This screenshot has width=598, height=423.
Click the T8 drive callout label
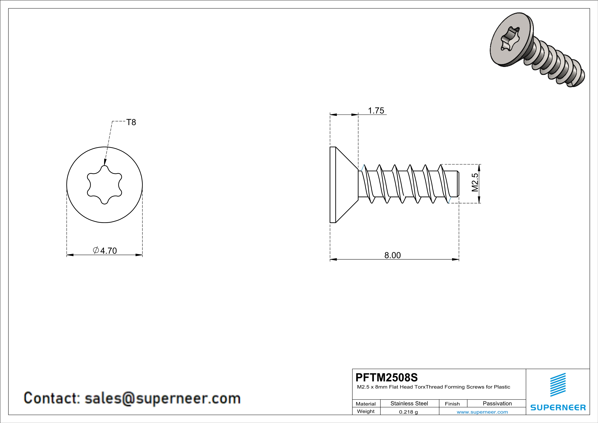pyautogui.click(x=131, y=122)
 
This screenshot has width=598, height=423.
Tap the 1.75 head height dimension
pyautogui.click(x=376, y=111)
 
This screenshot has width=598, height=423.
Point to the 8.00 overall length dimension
pyautogui.click(x=393, y=255)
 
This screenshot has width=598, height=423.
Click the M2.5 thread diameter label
pyautogui.click(x=475, y=182)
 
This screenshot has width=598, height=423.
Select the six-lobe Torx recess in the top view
pyautogui.click(x=105, y=185)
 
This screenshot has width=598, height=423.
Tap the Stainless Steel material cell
pyautogui.click(x=409, y=403)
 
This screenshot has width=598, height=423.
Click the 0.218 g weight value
pyautogui.click(x=408, y=412)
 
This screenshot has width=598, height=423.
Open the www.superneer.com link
pyautogui.click(x=482, y=412)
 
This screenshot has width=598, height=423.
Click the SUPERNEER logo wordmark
pyautogui.click(x=558, y=407)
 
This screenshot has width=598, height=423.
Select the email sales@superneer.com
pyautogui.click(x=163, y=398)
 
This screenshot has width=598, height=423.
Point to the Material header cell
pyautogui.click(x=366, y=404)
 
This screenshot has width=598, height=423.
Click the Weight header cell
pyautogui.click(x=366, y=411)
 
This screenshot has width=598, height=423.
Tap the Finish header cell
pyautogui.click(x=452, y=404)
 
